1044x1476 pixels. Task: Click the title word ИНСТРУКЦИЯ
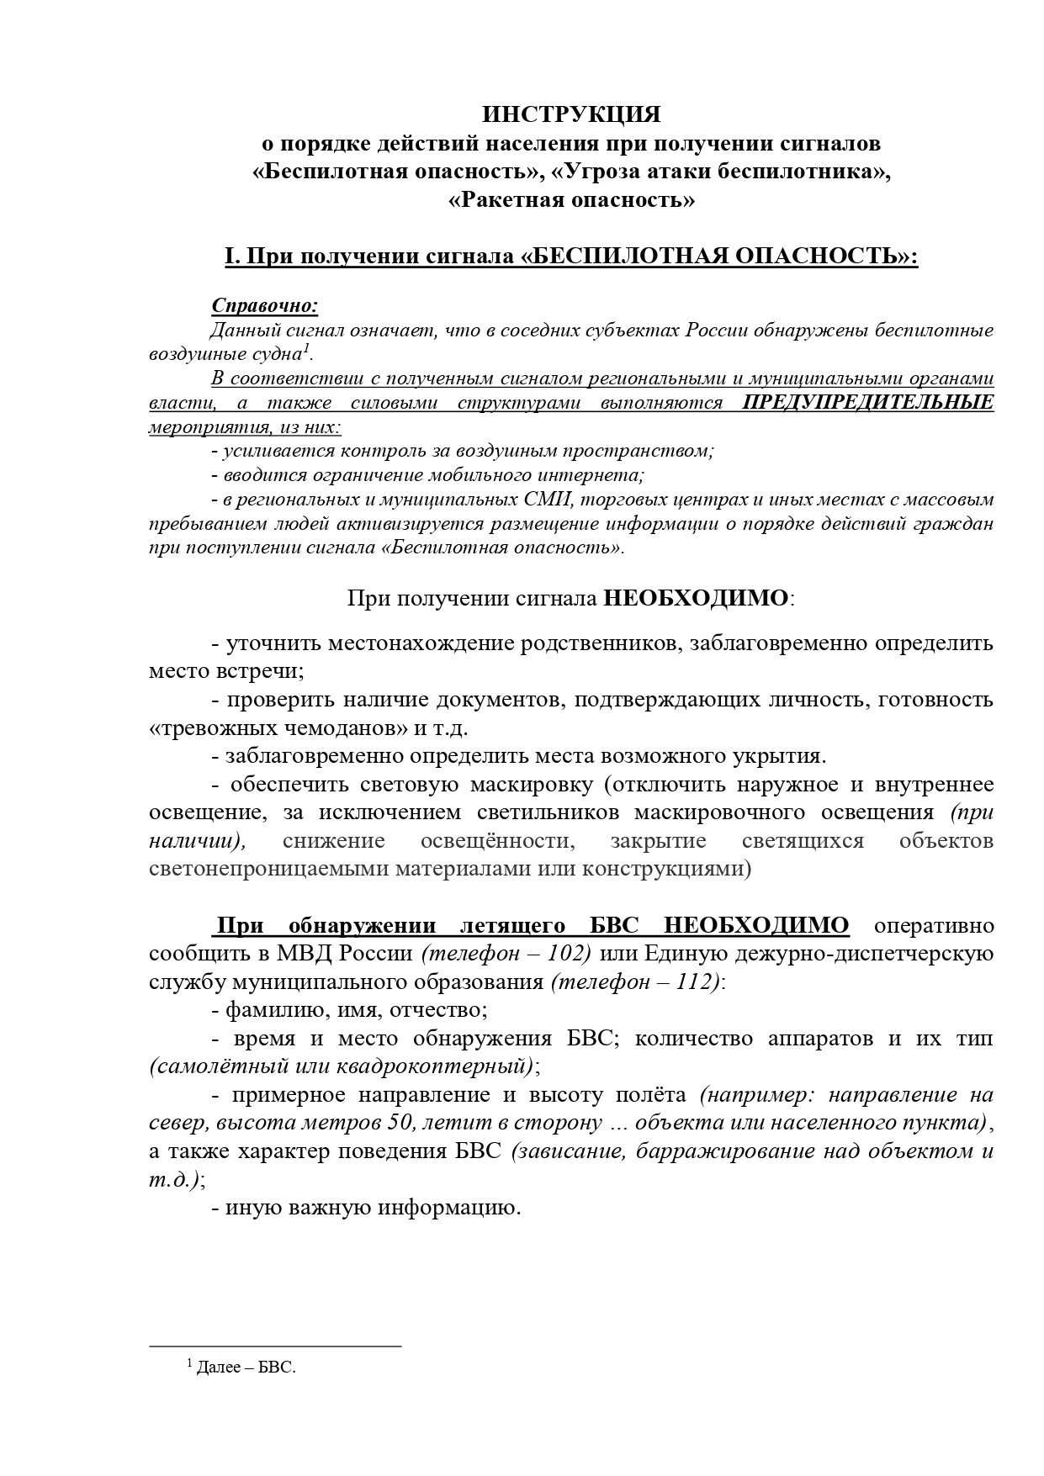(571, 114)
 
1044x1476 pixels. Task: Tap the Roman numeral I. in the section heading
(232, 257)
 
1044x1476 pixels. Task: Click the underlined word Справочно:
(264, 304)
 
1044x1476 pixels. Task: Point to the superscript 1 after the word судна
(307, 348)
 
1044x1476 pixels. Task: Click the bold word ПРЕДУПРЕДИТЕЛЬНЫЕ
(868, 402)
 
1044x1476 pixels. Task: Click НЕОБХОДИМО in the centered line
(697, 599)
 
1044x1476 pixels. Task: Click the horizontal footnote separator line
(275, 1346)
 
